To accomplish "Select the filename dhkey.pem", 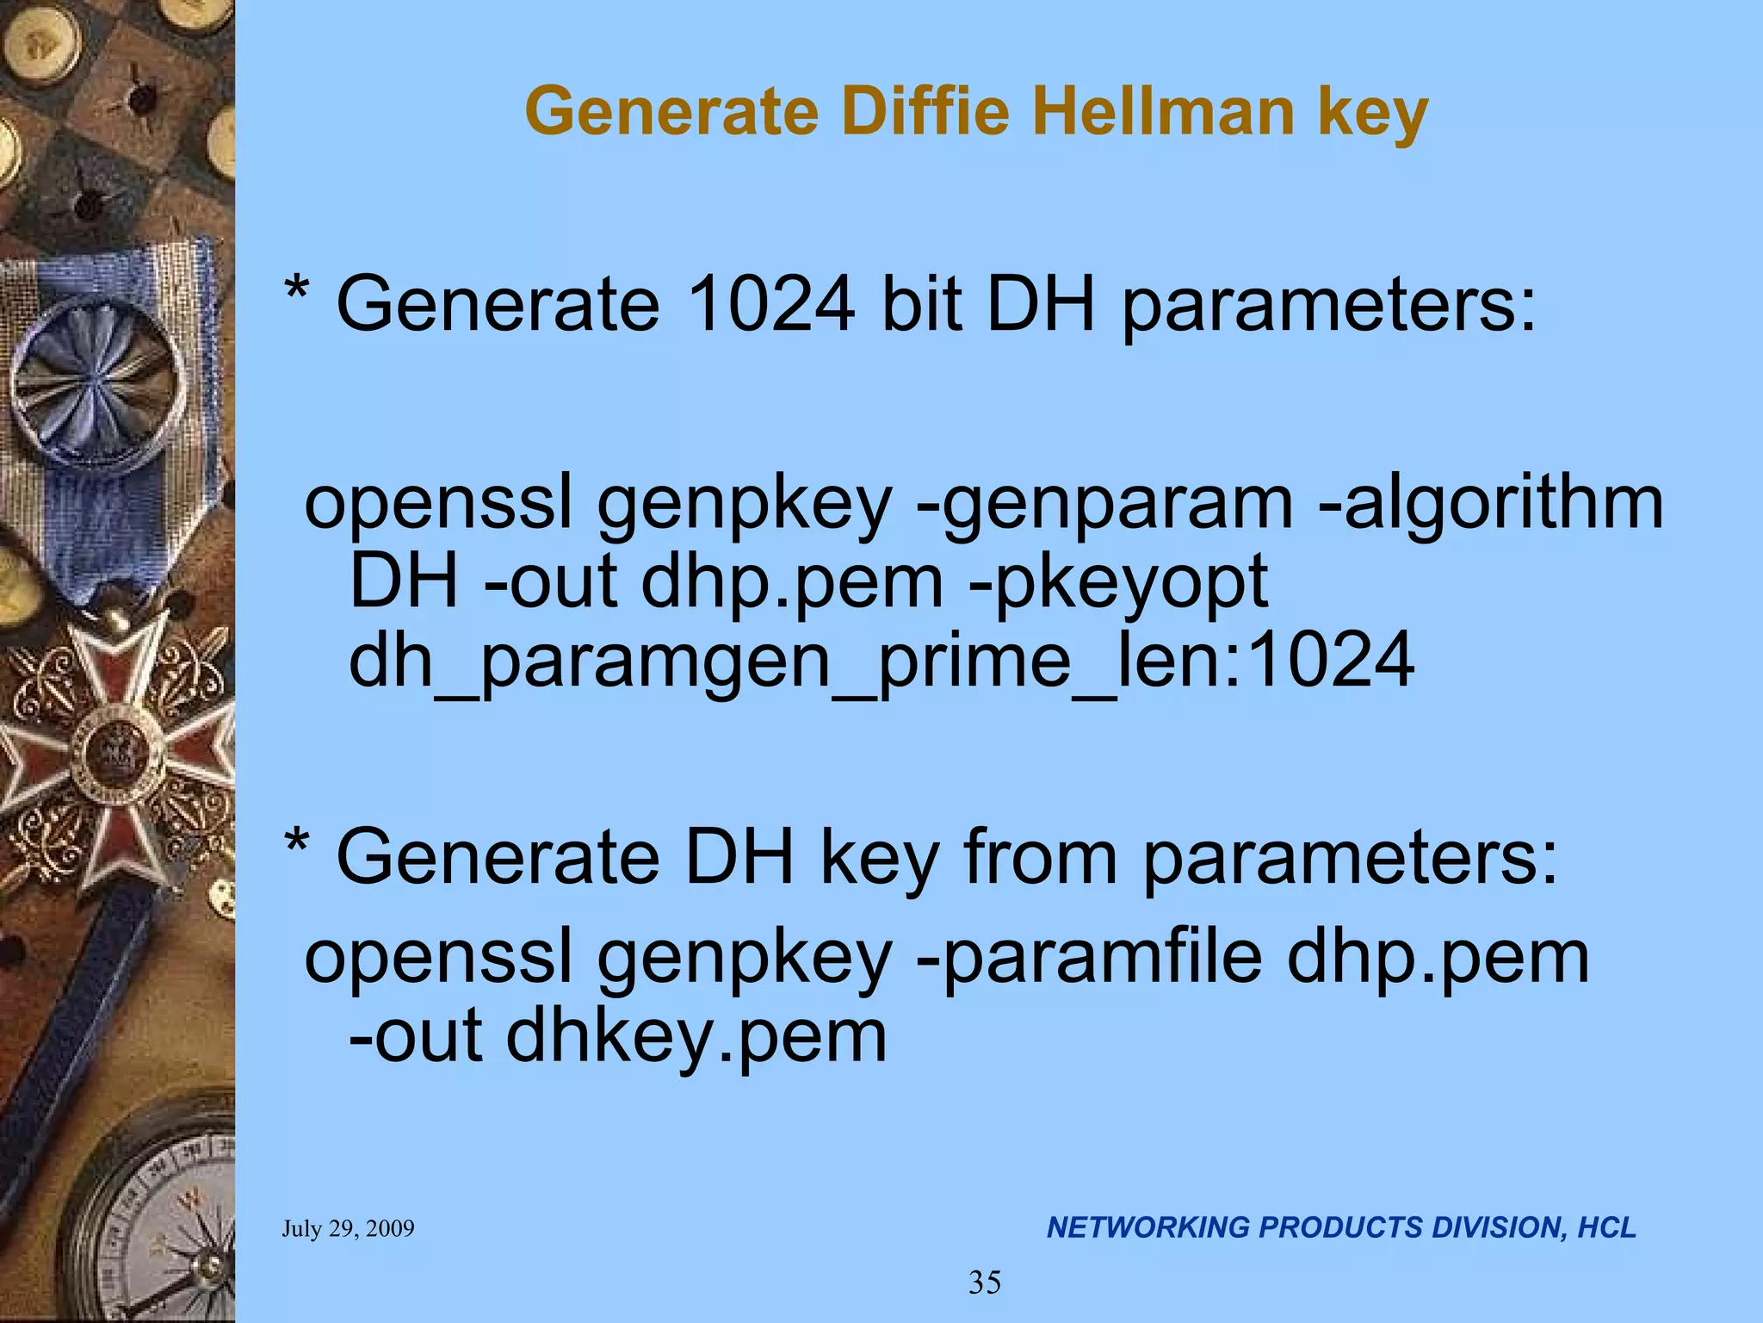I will (696, 1037).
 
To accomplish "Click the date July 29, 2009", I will (348, 1229).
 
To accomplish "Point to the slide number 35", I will (985, 1283).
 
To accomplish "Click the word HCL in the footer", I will (1606, 1228).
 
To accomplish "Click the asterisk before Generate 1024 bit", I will (297, 293).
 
